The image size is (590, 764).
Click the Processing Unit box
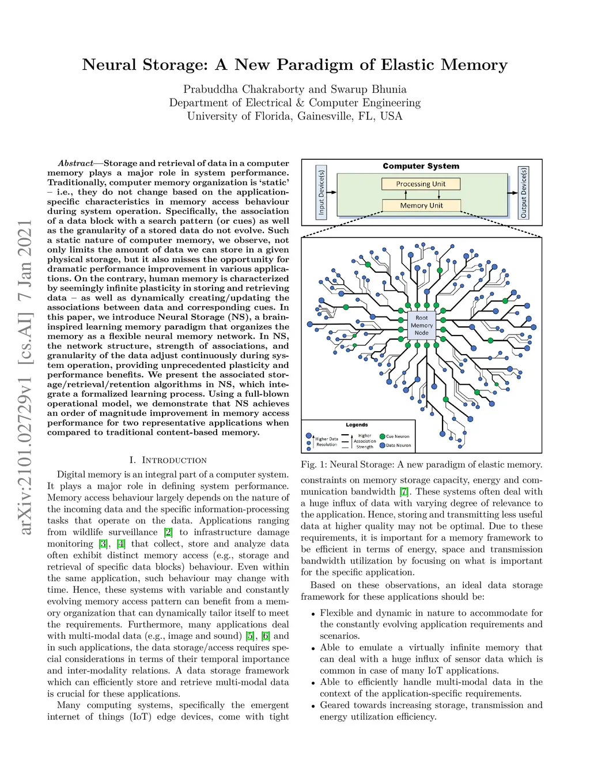421,184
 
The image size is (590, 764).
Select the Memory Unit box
421,205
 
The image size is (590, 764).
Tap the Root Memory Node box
422,325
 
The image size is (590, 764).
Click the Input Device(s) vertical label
322,193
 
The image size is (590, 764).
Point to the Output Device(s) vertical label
523,193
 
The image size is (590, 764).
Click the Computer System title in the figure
421,166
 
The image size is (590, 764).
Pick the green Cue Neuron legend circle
383,436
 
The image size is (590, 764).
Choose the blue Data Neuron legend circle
383,445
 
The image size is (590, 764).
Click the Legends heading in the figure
357,425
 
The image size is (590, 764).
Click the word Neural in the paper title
109,65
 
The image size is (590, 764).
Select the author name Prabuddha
210,89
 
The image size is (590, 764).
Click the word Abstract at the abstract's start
76,163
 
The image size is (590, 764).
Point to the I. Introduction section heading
168,460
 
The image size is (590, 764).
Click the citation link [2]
168,532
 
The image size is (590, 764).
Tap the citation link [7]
404,492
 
